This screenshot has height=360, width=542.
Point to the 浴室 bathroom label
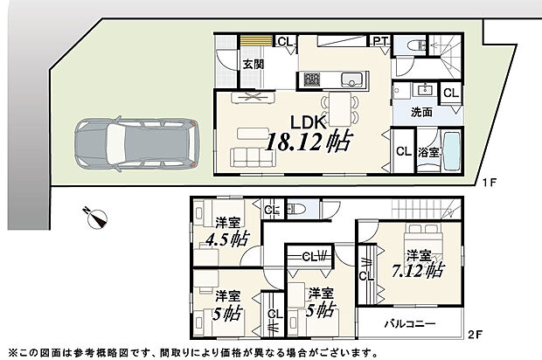pyautogui.click(x=427, y=152)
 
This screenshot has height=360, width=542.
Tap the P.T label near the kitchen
pyautogui.click(x=380, y=41)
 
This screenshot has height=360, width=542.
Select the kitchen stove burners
pyautogui.click(x=313, y=79)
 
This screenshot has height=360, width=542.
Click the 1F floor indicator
pyautogui.click(x=490, y=183)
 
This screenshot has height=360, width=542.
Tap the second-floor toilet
pyautogui.click(x=295, y=209)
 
